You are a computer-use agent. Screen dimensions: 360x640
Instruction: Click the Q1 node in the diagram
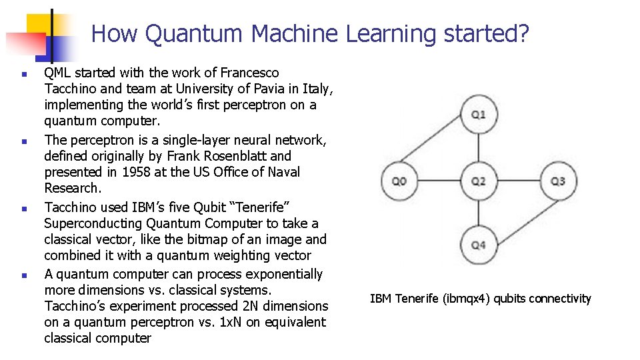479,115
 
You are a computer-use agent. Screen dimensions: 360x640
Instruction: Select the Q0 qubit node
399,181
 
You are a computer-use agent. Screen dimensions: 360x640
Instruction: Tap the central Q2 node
479,181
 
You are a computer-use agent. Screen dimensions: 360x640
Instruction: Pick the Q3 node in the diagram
558,181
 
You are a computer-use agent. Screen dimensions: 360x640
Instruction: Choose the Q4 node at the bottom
479,245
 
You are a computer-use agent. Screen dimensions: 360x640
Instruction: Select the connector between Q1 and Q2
479,147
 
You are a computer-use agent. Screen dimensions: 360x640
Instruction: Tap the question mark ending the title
523,33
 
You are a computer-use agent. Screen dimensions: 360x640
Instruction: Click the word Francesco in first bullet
250,73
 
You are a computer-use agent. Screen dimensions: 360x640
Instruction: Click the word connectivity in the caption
557,299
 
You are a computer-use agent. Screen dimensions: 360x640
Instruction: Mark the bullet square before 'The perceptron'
23,141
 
